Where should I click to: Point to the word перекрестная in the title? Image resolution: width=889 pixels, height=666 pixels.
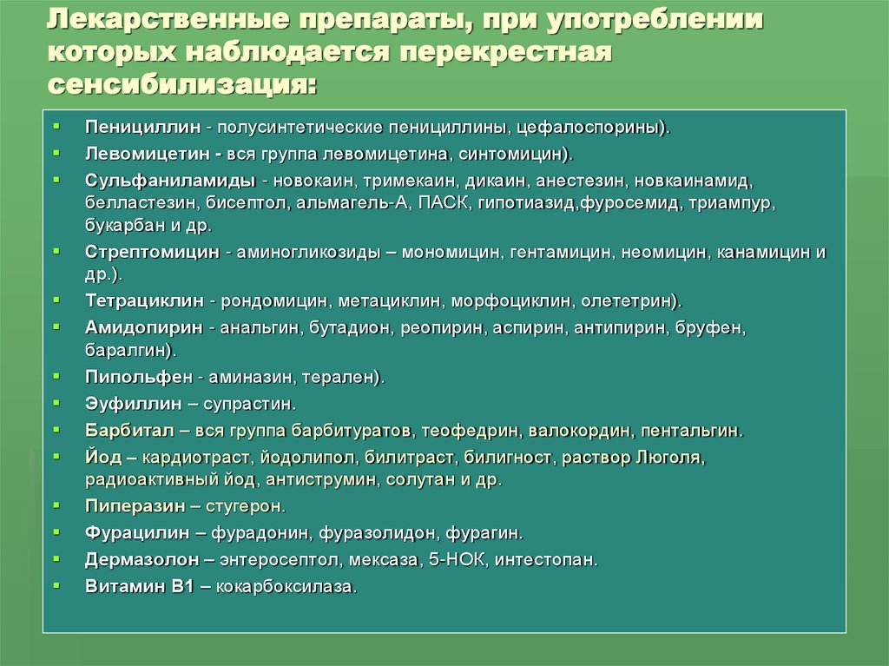click(x=508, y=52)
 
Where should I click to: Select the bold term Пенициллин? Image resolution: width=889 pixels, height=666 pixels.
click(x=142, y=127)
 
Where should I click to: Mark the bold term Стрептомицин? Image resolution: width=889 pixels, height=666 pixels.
click(x=152, y=253)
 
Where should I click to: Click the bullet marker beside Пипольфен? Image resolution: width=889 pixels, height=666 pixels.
click(x=56, y=377)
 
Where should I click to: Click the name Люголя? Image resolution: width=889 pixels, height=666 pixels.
click(x=669, y=457)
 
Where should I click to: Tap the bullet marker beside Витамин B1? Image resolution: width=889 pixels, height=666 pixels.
click(x=56, y=585)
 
